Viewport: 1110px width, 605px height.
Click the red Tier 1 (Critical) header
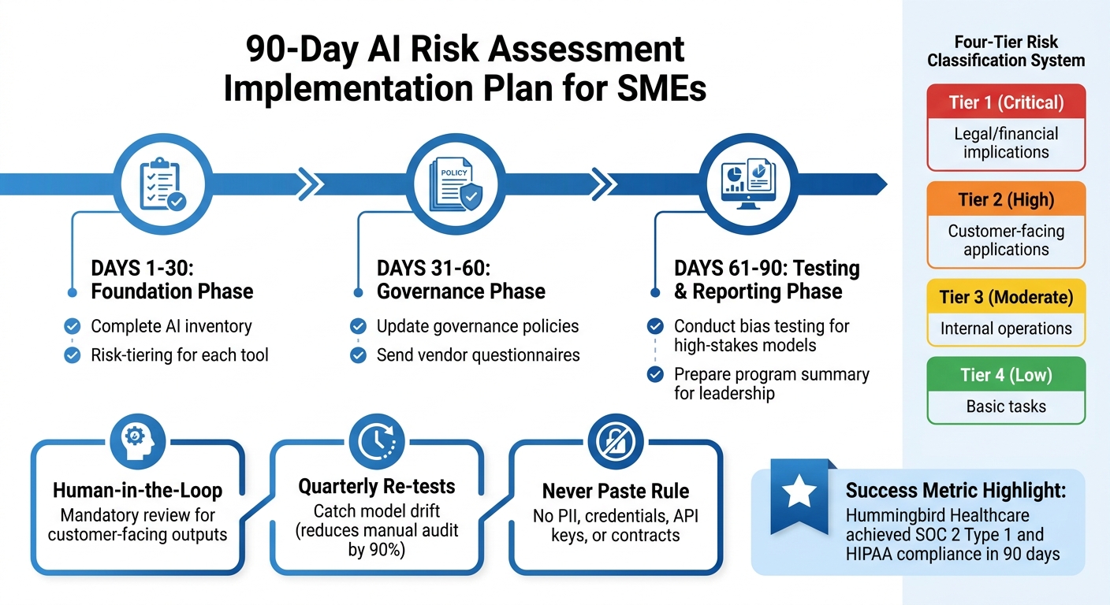[x=1006, y=102]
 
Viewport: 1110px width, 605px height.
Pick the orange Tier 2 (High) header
[x=1006, y=199]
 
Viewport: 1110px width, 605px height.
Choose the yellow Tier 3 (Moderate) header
[x=1006, y=297]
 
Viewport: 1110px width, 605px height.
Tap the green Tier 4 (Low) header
[x=1006, y=375]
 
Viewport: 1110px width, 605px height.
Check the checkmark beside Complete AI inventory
[x=73, y=326]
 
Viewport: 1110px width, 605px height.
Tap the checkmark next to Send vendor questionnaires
[x=358, y=355]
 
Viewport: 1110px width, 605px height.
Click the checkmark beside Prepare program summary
[x=654, y=374]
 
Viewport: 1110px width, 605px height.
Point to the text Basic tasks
[x=1006, y=406]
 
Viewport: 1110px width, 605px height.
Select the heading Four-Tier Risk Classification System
[x=1006, y=50]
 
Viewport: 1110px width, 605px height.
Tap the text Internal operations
[x=1006, y=328]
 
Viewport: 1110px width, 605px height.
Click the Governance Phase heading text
[x=461, y=291]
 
